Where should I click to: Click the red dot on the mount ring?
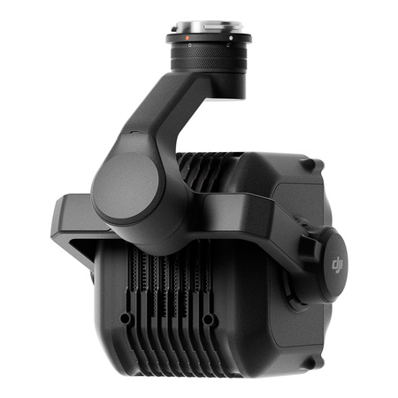188,39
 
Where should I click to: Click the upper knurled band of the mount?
209,52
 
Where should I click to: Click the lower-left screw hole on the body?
125,318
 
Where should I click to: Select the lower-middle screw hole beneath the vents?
209,318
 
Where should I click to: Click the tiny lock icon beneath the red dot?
188,45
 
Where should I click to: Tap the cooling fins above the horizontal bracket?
203,172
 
